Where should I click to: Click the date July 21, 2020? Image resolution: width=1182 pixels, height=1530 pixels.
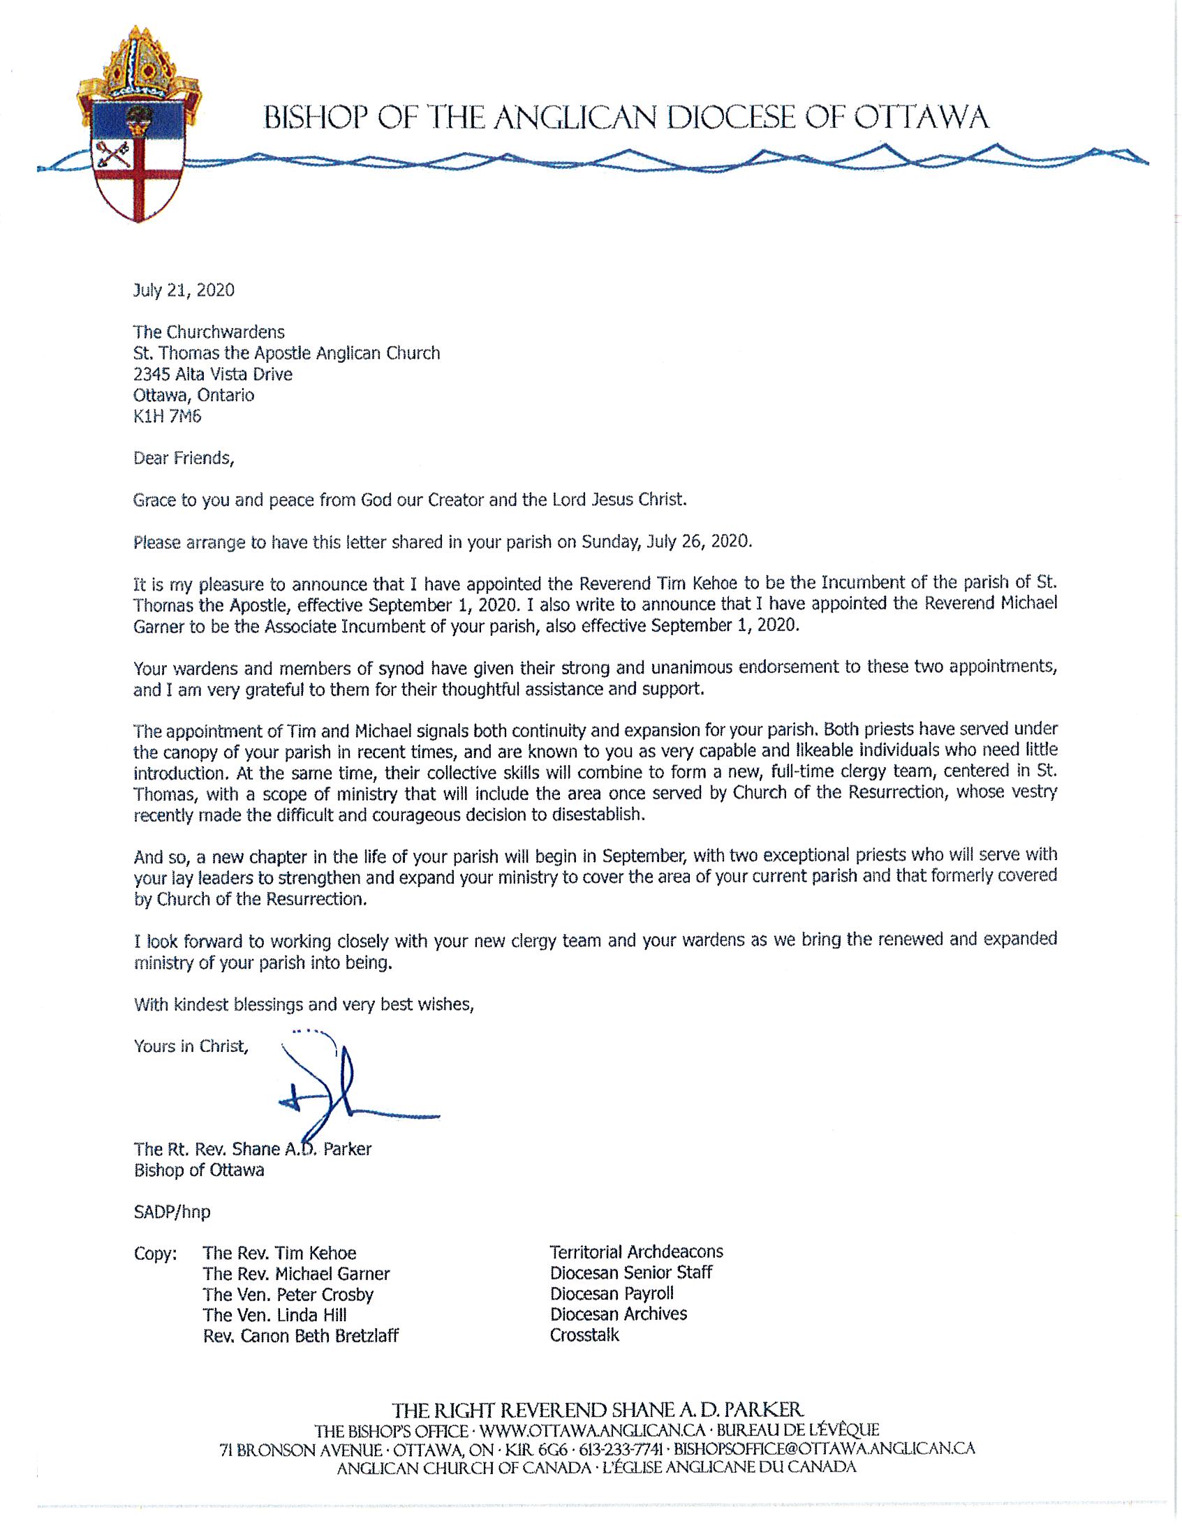(x=184, y=290)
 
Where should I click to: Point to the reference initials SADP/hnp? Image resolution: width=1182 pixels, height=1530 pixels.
(x=172, y=1211)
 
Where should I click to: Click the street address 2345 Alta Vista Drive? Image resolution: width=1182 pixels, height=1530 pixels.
(x=213, y=374)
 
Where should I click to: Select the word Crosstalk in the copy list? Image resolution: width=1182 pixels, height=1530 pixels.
(x=584, y=1335)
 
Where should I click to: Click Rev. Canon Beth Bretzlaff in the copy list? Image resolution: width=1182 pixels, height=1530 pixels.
(x=301, y=1336)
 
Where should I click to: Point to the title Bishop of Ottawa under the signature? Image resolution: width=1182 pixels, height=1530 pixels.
(x=199, y=1170)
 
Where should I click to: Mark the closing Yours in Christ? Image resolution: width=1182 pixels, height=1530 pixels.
(x=191, y=1046)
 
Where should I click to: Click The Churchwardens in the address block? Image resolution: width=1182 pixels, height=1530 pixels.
(x=209, y=332)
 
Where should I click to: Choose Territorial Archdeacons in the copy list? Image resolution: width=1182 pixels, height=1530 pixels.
(x=636, y=1252)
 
